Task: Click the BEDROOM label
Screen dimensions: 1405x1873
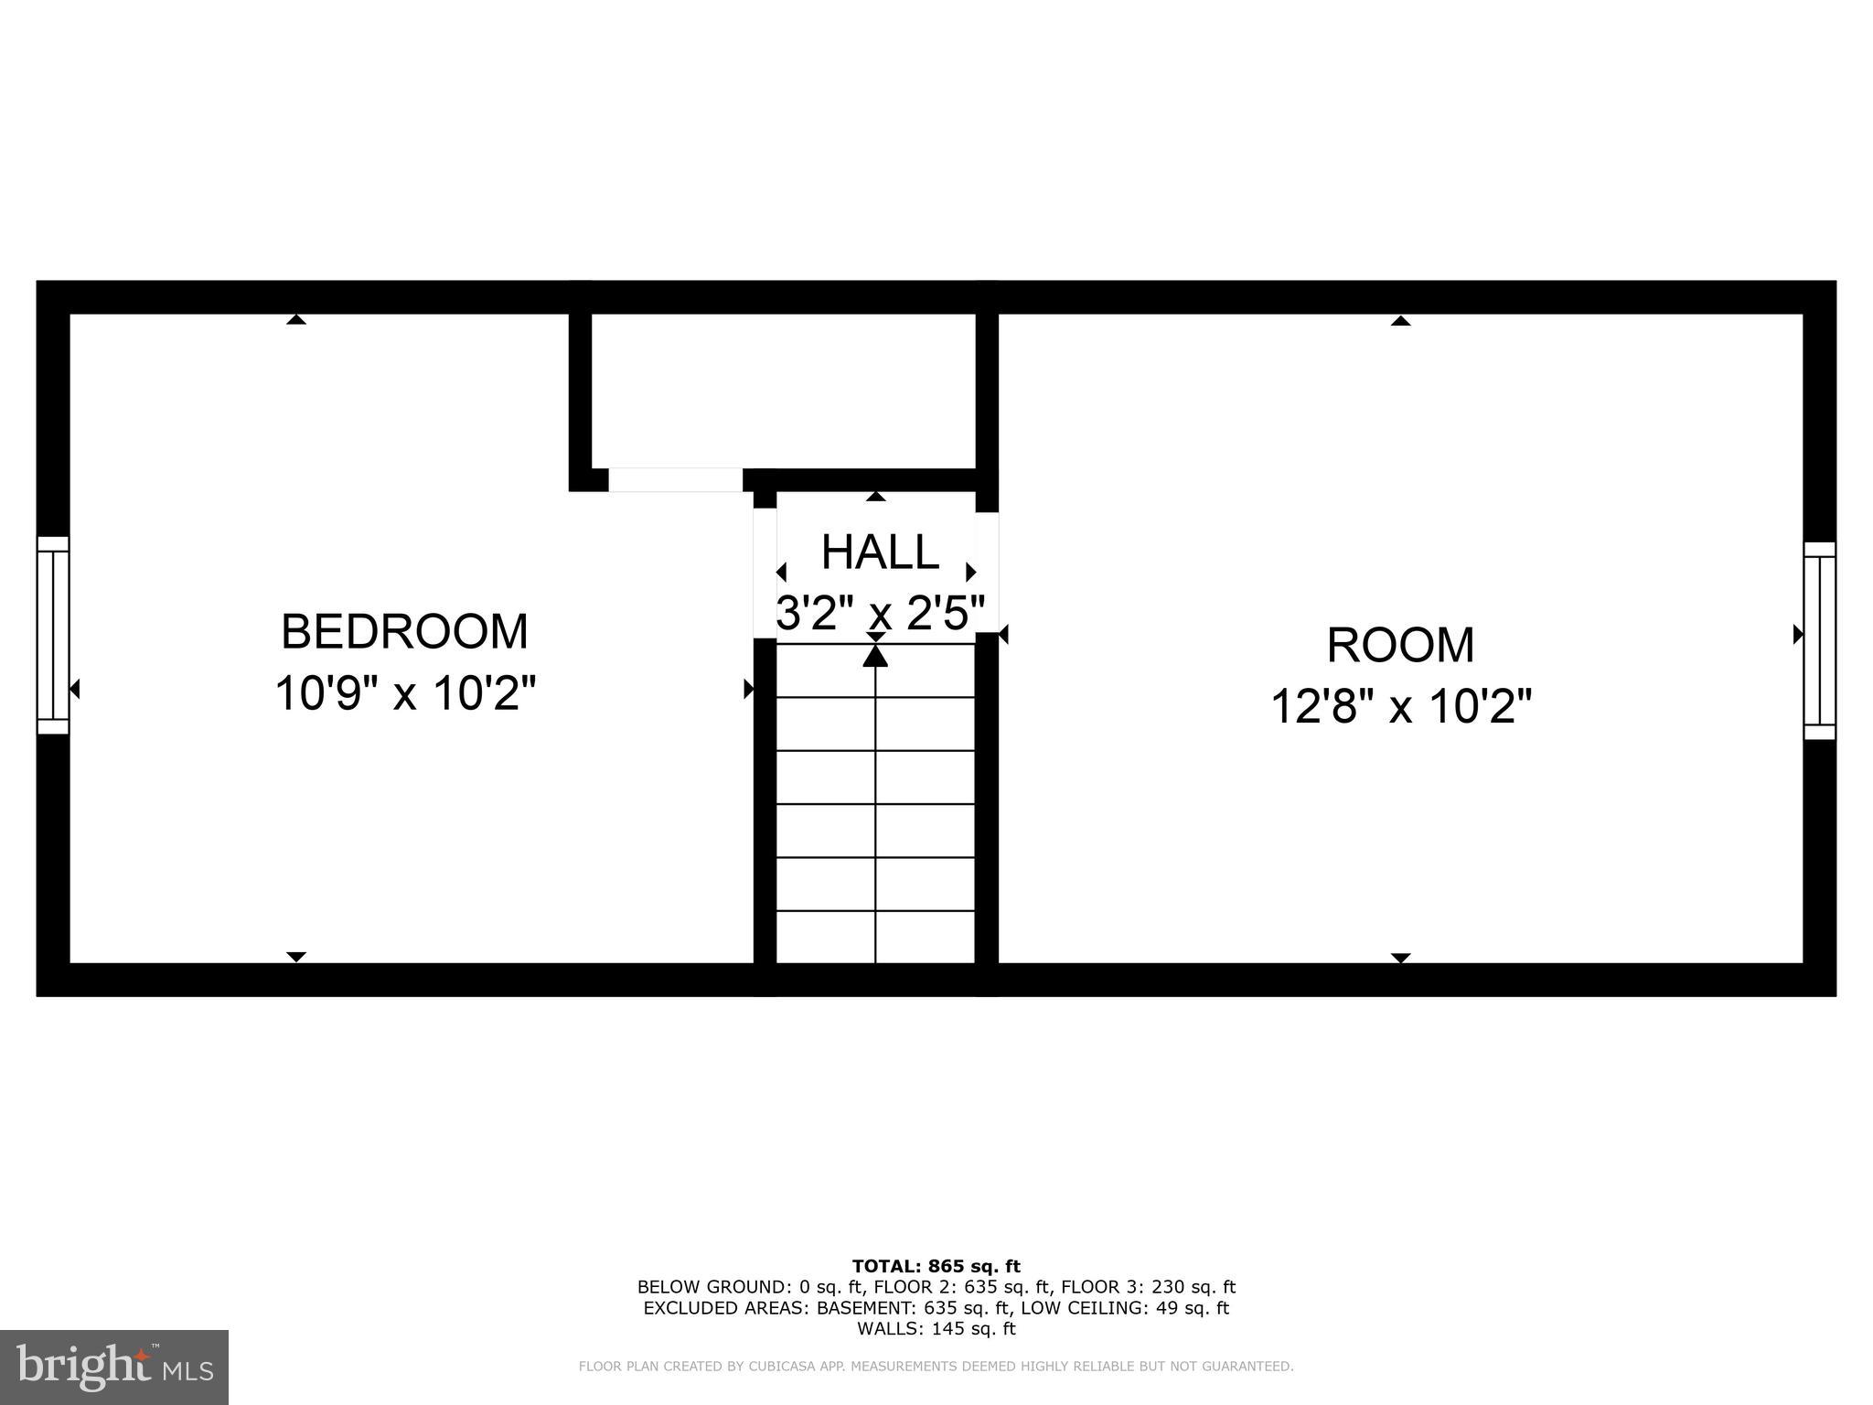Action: click(x=404, y=632)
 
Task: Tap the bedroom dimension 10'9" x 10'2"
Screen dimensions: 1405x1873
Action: click(x=404, y=693)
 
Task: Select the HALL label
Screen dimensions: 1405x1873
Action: click(x=880, y=552)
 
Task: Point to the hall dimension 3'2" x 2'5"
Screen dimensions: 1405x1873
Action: click(x=880, y=613)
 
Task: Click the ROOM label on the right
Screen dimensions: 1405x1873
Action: click(x=1400, y=646)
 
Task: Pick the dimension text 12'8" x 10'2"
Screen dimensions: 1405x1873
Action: click(x=1400, y=707)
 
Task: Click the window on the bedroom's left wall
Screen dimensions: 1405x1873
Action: click(x=53, y=635)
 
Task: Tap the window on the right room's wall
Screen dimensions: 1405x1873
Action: click(x=1819, y=640)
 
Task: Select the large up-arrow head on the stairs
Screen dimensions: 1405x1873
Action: click(x=875, y=655)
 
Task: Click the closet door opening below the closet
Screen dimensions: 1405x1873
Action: click(x=675, y=480)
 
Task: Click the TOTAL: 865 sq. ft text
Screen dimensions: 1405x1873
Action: click(x=936, y=1267)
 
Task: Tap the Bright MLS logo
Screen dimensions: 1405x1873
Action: click(x=114, y=1367)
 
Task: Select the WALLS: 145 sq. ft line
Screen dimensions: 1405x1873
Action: click(x=936, y=1329)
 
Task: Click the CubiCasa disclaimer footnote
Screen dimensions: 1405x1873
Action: click(x=936, y=1367)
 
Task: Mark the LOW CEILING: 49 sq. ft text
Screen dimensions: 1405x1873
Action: click(x=1125, y=1308)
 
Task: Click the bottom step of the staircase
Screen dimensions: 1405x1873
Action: click(x=875, y=937)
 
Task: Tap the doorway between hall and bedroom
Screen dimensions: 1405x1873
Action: click(x=765, y=573)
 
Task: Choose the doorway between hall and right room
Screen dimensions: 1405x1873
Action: click(x=987, y=573)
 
